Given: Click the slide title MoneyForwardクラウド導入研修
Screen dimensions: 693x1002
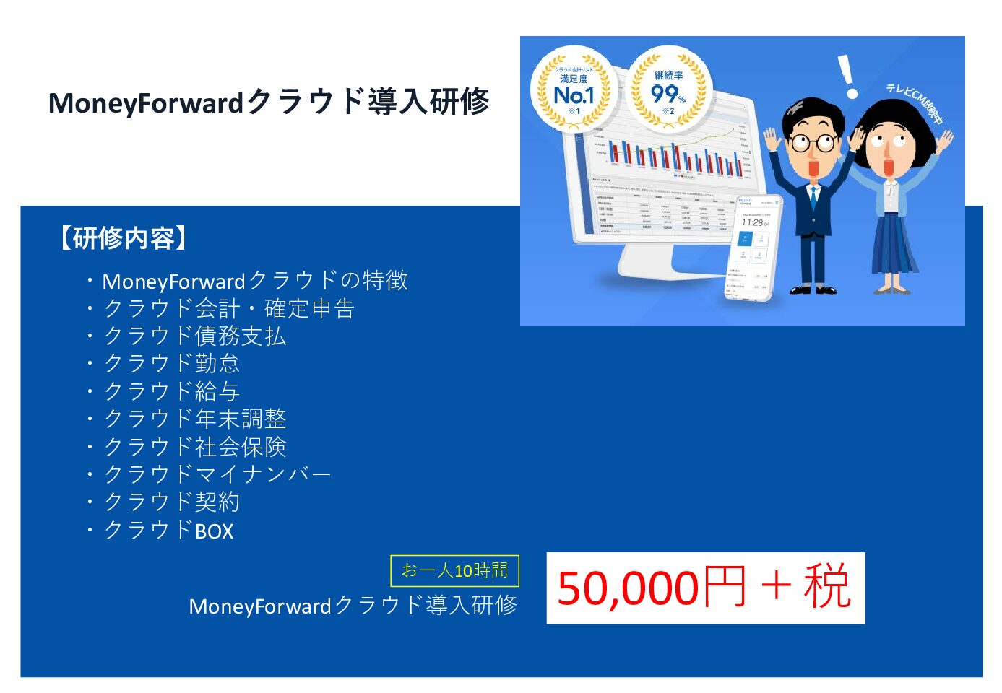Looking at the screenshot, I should (269, 102).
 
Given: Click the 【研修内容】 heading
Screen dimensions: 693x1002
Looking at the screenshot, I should (124, 238).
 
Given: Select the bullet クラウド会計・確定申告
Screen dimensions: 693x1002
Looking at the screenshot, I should (228, 309).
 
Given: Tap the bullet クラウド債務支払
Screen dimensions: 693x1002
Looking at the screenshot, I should (194, 336).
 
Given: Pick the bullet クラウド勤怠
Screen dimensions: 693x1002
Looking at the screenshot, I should (171, 364).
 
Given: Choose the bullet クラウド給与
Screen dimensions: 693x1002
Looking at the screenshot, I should (171, 391).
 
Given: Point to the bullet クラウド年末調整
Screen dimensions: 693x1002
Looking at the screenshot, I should (194, 419).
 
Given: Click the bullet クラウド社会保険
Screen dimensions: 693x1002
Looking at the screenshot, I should (194, 447).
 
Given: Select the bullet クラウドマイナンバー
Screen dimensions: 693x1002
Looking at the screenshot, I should (217, 474).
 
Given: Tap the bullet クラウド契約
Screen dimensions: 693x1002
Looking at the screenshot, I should (171, 502).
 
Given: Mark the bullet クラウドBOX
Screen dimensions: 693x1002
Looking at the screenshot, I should (168, 531).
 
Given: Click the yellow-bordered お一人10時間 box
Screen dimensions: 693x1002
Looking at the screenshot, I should (454, 570).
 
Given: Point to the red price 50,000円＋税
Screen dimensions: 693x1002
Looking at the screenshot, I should (705, 588).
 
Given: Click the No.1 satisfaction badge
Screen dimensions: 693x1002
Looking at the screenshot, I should (574, 90).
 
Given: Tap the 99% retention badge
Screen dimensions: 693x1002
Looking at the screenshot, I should (668, 90).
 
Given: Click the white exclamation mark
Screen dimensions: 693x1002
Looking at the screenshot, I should (847, 77).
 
